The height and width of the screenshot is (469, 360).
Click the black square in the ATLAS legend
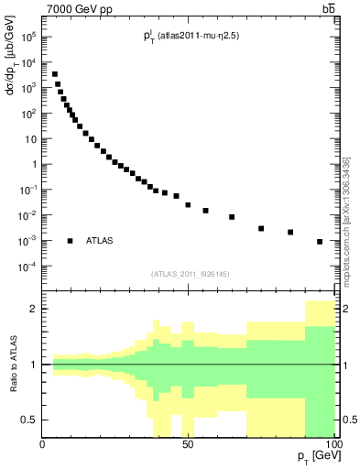[x=70, y=241]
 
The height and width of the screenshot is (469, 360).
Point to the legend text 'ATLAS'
[x=100, y=241]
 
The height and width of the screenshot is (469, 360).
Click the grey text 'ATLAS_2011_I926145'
[x=189, y=273]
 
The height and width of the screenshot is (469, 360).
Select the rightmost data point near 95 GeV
[x=320, y=242]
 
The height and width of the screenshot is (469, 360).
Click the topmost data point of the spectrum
[x=54, y=74]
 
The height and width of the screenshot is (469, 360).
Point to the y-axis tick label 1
[x=32, y=165]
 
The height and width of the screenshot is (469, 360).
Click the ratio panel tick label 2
[x=34, y=309]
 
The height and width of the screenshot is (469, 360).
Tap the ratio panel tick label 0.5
[x=30, y=420]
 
